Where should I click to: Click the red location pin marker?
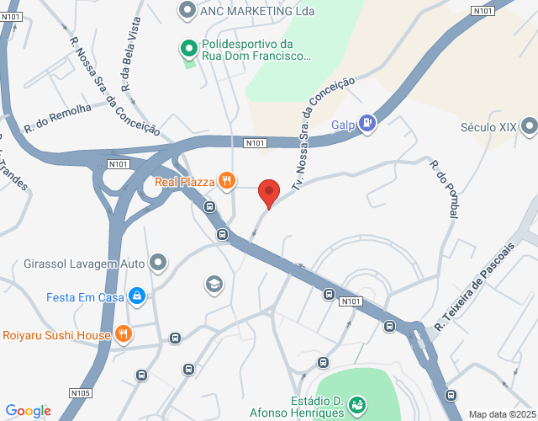click(269, 194)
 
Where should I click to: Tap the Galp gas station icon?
click(367, 124)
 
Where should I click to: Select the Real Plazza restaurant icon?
click(226, 180)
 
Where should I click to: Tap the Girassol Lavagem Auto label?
click(85, 264)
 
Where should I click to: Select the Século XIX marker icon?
click(529, 127)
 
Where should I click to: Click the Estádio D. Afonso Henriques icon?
click(356, 405)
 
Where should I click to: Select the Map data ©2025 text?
click(501, 414)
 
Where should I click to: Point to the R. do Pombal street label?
click(443, 189)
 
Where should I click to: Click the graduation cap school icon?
click(215, 284)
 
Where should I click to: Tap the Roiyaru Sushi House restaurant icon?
click(124, 333)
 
